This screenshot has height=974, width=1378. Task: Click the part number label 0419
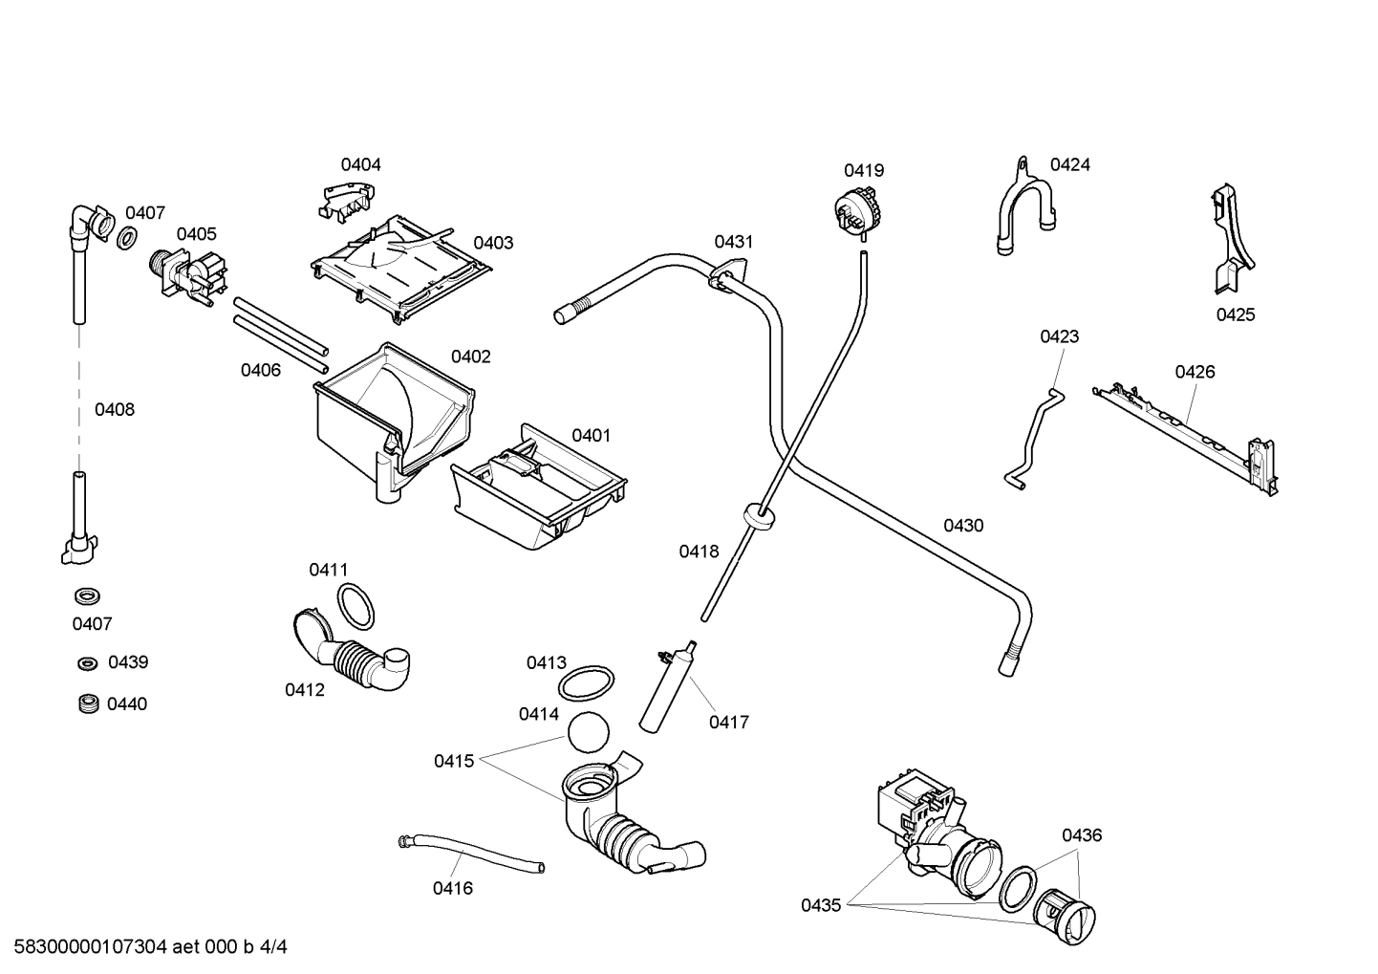pos(863,170)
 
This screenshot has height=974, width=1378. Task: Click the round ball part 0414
pos(588,733)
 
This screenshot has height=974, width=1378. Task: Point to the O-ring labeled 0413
pos(585,683)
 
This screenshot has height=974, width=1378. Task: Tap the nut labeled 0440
pos(88,704)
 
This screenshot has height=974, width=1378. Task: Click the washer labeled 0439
pos(88,663)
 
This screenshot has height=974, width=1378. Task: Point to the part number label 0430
pos(963,525)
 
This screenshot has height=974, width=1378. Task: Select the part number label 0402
pos(470,357)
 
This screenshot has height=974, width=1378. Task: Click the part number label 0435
pos(821,904)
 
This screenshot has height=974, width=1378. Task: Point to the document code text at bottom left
pos(145,947)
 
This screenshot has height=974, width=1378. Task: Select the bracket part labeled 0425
pos(1231,239)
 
